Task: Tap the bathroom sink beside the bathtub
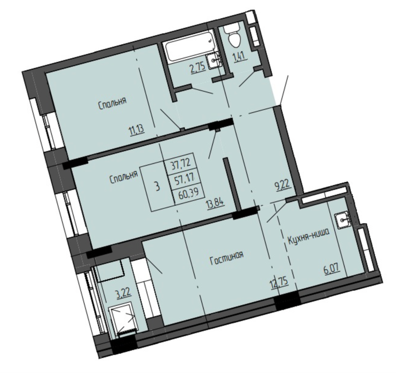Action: (213, 61)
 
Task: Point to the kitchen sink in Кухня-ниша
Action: (343, 220)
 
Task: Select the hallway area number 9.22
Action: (283, 186)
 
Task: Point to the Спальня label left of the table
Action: (124, 176)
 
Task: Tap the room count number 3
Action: (157, 186)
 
